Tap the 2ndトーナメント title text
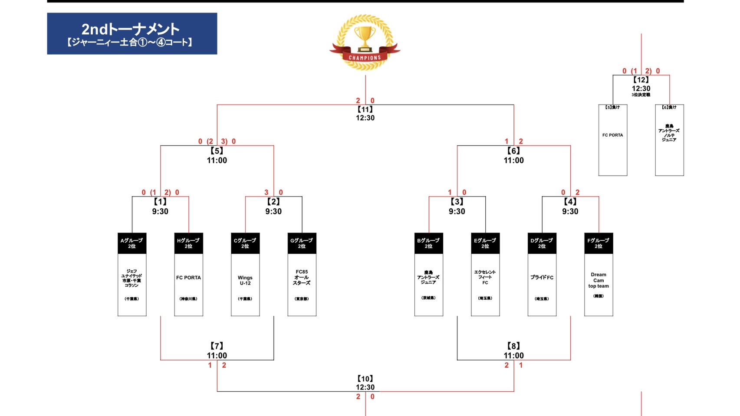pyautogui.click(x=130, y=29)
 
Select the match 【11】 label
pyautogui.click(x=365, y=109)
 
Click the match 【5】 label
pyautogui.click(x=217, y=151)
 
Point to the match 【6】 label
pyautogui.click(x=513, y=151)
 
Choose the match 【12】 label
pyautogui.click(x=641, y=80)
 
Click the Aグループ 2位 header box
pyautogui.click(x=132, y=243)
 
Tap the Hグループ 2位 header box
pyautogui.click(x=188, y=243)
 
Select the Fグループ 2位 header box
pyautogui.click(x=599, y=243)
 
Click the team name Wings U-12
pyautogui.click(x=245, y=280)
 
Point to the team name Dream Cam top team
pyautogui.click(x=599, y=280)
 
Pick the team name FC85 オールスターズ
pyautogui.click(x=302, y=278)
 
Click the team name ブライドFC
pyautogui.click(x=542, y=278)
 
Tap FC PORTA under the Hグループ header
pyautogui.click(x=188, y=278)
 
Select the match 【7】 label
pyautogui.click(x=217, y=346)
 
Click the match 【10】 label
pyautogui.click(x=365, y=379)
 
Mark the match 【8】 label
pyautogui.click(x=513, y=346)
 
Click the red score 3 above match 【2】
pyautogui.click(x=266, y=192)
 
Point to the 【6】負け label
pyautogui.click(x=669, y=108)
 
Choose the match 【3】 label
pyautogui.click(x=457, y=202)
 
